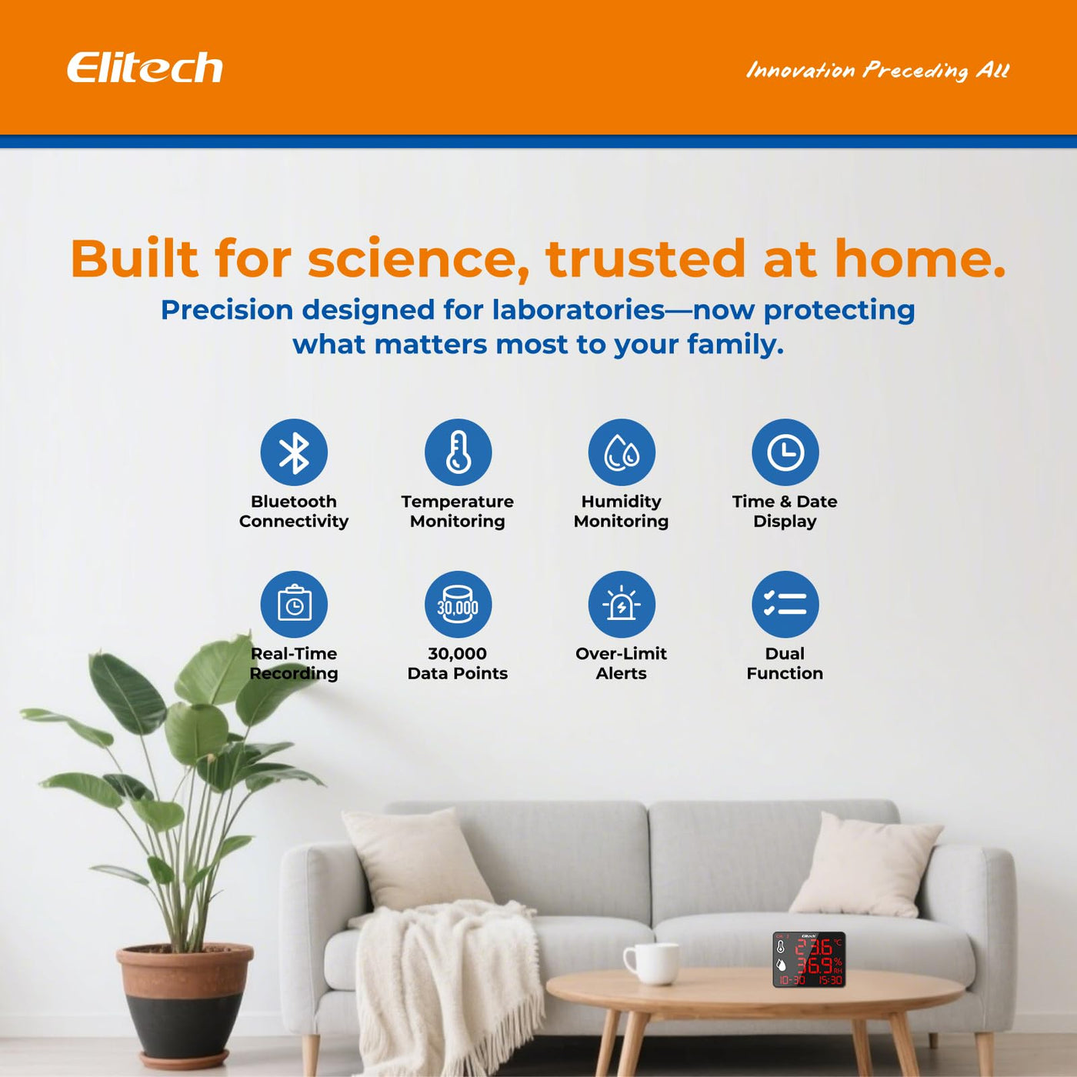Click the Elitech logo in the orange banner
pos(145,68)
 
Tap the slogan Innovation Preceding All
pos(878,71)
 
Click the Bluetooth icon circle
pos(294,452)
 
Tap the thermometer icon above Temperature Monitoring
pos(458,452)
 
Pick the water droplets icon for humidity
pos(622,452)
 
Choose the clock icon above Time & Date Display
pos(785,452)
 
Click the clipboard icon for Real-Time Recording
pos(294,604)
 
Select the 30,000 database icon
pos(458,604)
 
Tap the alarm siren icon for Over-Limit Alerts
pos(622,604)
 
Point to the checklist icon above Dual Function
pos(785,604)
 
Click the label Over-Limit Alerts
pos(622,663)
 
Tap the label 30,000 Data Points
pos(458,663)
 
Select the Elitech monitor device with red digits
pos(809,959)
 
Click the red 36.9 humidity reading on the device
pos(815,965)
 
